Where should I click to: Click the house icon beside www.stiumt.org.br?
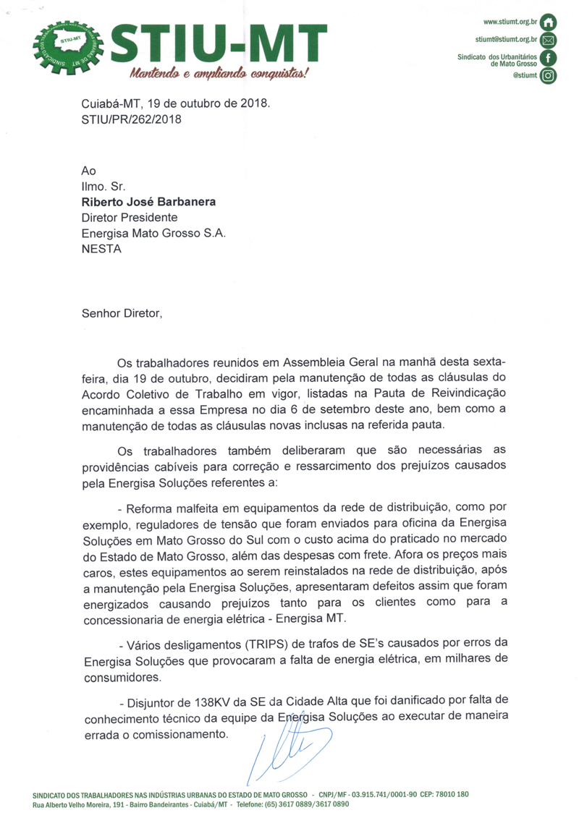click(549, 22)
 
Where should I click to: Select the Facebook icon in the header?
click(549, 58)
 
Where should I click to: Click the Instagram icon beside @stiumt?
click(549, 75)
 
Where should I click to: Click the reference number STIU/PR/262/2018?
click(132, 119)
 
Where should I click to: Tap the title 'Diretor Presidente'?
click(130, 217)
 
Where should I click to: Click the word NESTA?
click(101, 249)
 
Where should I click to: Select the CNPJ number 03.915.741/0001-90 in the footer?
click(384, 793)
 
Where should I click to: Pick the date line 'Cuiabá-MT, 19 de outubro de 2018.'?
click(176, 103)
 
